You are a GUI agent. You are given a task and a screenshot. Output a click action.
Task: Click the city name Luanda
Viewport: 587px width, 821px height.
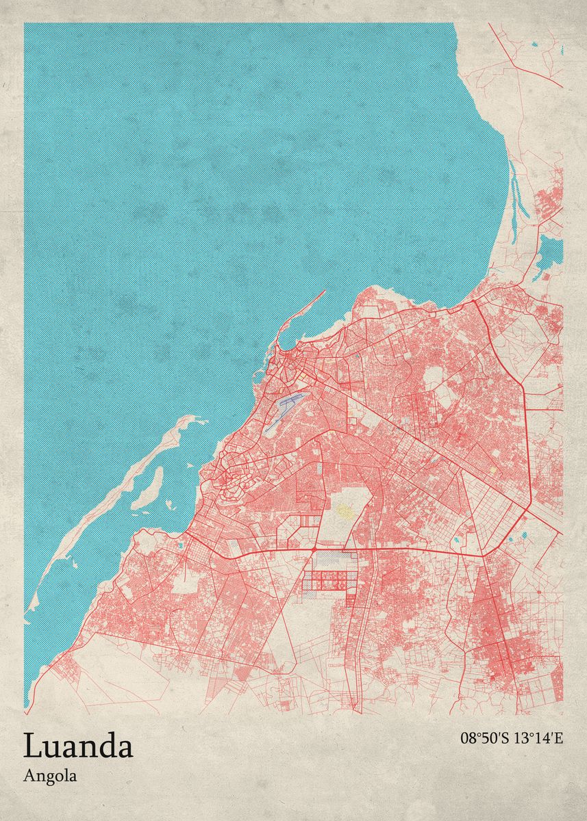(78, 745)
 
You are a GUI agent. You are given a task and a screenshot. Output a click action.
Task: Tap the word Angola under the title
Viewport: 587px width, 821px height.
(50, 776)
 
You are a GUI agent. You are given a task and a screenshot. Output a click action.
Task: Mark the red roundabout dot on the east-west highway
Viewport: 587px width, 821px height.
(314, 549)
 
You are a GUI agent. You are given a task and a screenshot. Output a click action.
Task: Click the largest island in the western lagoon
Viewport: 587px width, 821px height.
(148, 489)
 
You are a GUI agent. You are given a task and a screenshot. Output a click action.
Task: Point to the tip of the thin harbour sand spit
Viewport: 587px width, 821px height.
(324, 292)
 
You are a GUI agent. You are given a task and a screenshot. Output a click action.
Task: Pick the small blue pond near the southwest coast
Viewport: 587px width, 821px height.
(179, 545)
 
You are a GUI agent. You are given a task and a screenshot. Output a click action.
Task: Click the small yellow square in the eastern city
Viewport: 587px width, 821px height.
(490, 471)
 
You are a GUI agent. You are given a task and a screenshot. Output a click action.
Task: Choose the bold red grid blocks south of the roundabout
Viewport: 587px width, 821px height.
(329, 582)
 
